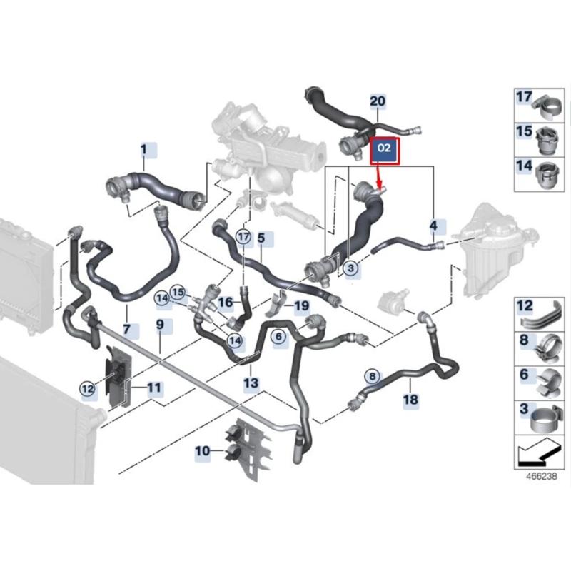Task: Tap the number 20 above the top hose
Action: point(378,101)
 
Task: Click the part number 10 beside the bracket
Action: point(202,450)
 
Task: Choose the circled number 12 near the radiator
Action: point(87,388)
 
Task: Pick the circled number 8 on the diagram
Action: point(371,375)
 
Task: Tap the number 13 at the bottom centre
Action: point(251,385)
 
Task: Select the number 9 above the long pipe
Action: point(160,325)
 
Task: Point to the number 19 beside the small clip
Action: point(301,307)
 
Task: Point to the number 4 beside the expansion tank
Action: point(433,226)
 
